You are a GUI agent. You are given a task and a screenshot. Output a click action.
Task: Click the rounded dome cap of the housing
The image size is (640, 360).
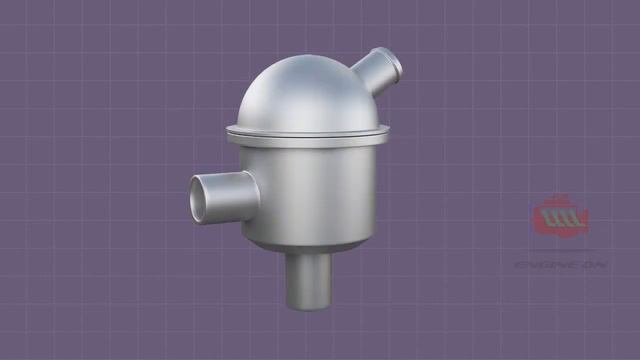(x=300, y=95)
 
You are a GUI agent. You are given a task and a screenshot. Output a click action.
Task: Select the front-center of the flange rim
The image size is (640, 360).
(x=305, y=137)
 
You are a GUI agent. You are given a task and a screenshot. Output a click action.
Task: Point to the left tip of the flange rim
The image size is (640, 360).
(x=229, y=129)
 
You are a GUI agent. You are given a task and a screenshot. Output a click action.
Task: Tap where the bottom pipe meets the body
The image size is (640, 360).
(x=307, y=251)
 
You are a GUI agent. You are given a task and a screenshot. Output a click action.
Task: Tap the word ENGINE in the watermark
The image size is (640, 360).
(x=546, y=265)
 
